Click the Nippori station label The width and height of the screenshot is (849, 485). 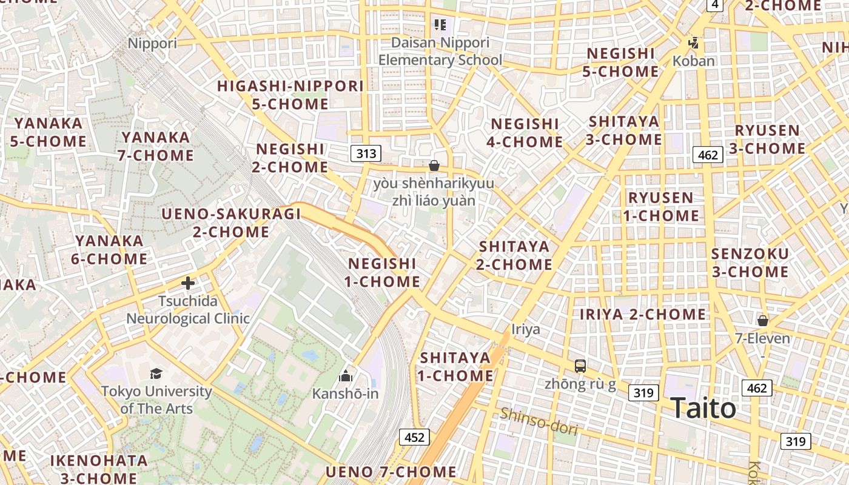tap(152, 43)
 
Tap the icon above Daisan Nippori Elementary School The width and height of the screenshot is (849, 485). tap(440, 25)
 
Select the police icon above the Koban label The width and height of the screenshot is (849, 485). tap(694, 44)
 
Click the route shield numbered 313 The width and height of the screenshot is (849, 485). tap(366, 153)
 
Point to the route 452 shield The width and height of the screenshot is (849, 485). tap(414, 437)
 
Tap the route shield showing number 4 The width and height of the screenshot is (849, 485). tap(716, 4)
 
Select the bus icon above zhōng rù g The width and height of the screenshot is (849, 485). tap(580, 366)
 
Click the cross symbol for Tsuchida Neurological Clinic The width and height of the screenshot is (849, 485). tap(188, 283)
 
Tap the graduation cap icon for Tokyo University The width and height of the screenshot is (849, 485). tap(156, 373)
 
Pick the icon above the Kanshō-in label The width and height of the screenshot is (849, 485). tap(346, 376)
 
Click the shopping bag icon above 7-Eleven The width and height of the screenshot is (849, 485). tap(763, 320)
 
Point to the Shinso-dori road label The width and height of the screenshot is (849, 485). tap(539, 421)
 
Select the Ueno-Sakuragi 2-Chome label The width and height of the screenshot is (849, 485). tap(231, 222)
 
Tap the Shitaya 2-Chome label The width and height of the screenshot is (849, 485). tap(514, 255)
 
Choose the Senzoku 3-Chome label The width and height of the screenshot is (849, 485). tap(750, 263)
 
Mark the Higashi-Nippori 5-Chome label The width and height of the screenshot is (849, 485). tap(290, 95)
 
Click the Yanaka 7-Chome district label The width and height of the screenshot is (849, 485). tap(156, 146)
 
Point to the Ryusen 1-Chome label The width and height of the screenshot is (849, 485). tap(661, 207)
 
